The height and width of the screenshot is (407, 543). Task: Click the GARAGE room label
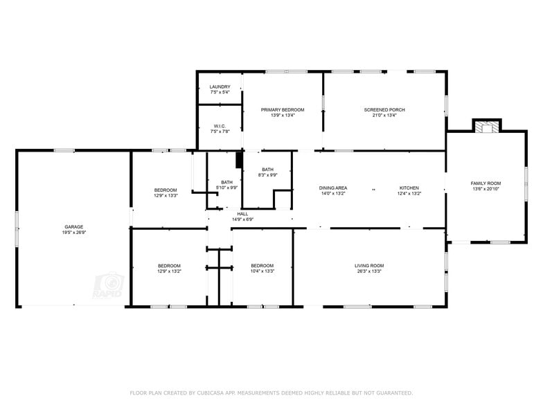click(x=74, y=227)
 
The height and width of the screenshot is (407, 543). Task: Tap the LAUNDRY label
click(x=220, y=87)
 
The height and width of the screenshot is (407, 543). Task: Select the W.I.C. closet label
click(x=220, y=126)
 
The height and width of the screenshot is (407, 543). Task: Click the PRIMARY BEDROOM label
click(x=283, y=109)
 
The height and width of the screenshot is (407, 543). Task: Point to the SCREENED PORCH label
click(x=384, y=109)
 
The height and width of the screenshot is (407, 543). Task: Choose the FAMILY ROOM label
click(x=486, y=183)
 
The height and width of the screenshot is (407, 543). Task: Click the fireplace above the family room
click(x=486, y=126)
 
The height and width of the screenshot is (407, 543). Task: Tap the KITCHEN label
click(x=409, y=188)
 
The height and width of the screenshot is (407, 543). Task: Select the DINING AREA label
click(x=333, y=188)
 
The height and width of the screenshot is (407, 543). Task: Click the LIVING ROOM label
click(x=369, y=266)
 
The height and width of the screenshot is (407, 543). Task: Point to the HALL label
click(x=242, y=214)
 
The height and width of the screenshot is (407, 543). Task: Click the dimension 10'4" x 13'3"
click(x=262, y=271)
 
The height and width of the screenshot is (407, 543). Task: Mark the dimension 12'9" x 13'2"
click(x=169, y=271)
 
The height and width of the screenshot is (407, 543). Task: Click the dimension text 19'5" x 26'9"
click(x=74, y=233)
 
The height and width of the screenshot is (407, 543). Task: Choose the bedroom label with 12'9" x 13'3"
click(x=166, y=190)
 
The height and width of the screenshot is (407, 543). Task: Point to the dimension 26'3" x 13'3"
click(x=369, y=271)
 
